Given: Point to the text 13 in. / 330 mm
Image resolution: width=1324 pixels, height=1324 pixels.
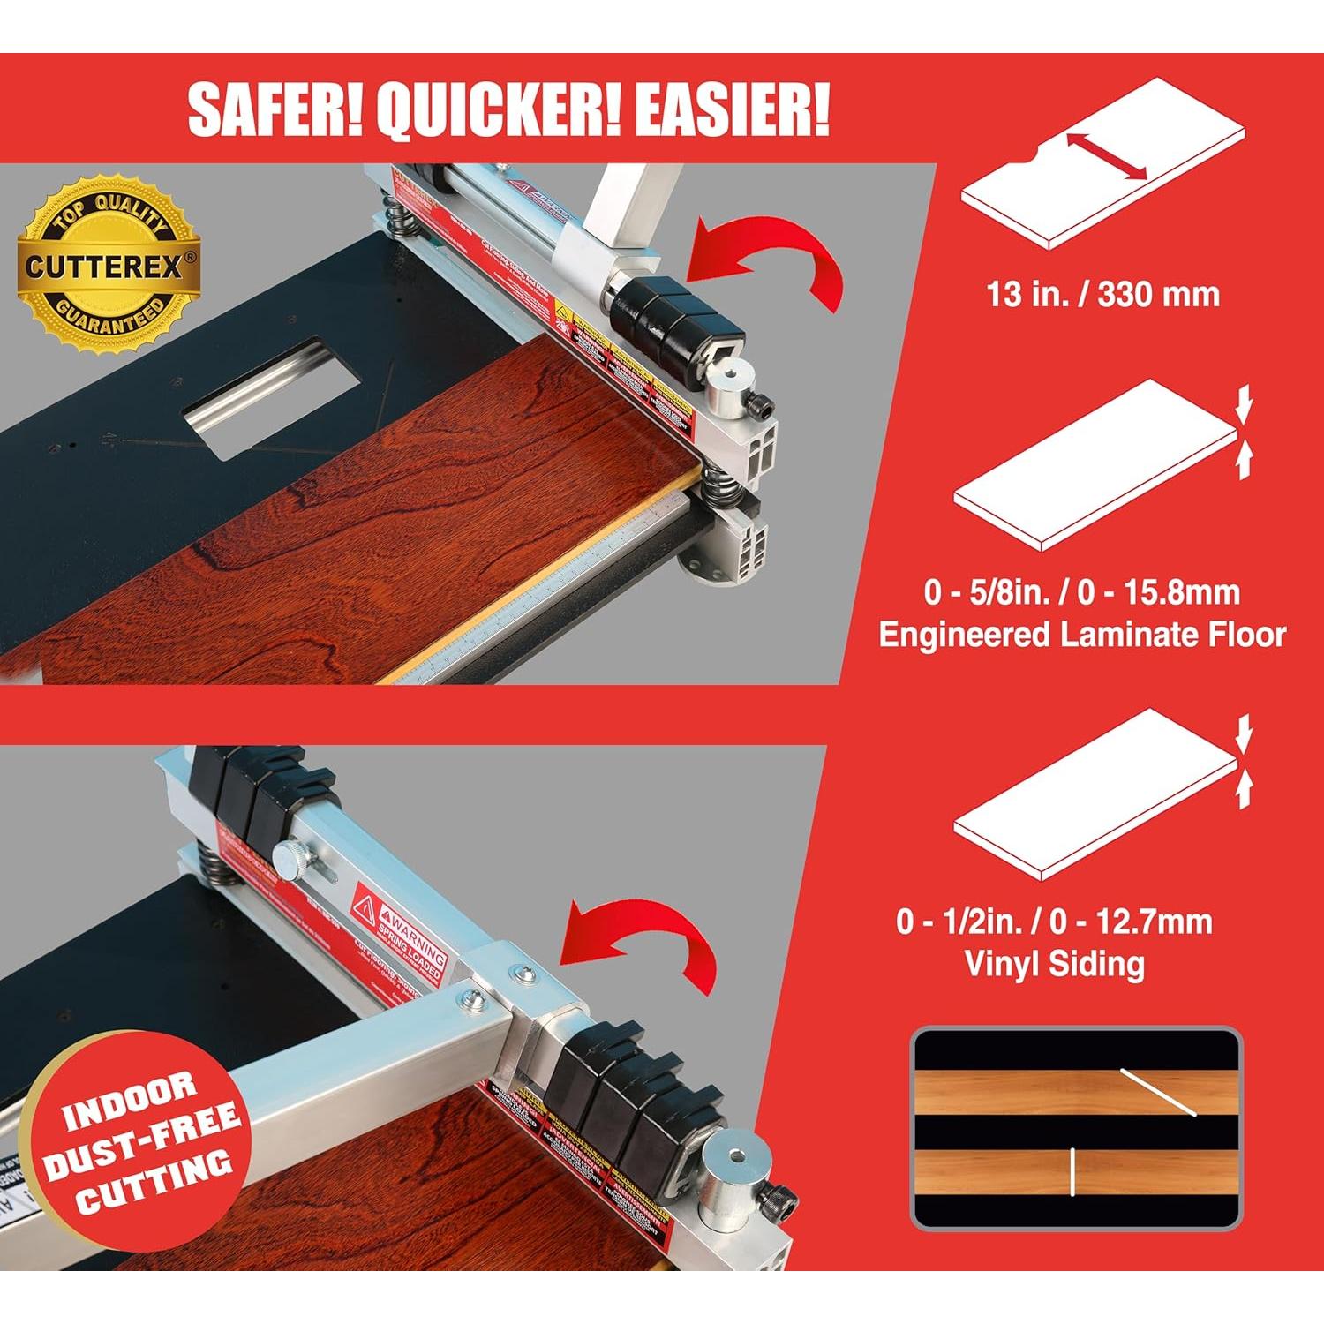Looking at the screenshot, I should point(1102,294).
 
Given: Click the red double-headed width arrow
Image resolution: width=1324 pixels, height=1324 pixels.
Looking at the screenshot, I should point(1107,157).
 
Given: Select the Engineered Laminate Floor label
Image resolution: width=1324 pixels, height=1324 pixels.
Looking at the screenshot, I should point(1082,635).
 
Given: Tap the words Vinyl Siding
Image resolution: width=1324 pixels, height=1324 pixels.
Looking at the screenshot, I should point(1055,963).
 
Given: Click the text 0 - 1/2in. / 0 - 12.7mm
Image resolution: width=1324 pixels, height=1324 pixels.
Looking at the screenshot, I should point(1054,922).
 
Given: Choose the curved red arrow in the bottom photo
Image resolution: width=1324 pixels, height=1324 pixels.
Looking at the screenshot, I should point(636,941).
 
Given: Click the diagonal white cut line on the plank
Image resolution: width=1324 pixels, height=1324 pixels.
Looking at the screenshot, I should point(1157,1092).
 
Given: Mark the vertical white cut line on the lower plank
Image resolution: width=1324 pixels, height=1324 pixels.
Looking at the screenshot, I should point(1072,1172).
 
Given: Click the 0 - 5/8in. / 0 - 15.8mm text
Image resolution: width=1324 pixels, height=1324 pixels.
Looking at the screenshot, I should point(1082,591).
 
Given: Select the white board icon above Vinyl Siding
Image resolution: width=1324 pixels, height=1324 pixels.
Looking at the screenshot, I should point(1095,794).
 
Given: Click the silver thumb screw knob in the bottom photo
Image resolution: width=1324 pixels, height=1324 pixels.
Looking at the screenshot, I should point(292,855).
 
